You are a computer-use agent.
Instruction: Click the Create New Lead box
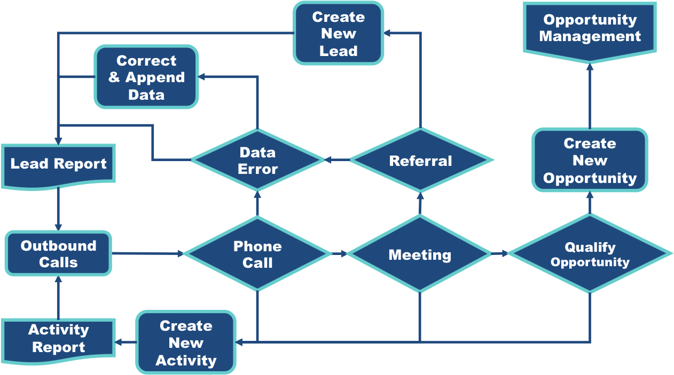click(338, 34)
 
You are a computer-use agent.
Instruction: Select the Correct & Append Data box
click(146, 77)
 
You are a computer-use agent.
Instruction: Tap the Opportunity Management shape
click(590, 29)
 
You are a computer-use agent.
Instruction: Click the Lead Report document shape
click(58, 164)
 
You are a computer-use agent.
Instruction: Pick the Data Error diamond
click(257, 161)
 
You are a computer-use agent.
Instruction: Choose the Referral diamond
click(420, 161)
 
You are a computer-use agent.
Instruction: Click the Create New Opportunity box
click(590, 161)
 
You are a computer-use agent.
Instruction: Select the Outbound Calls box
click(58, 254)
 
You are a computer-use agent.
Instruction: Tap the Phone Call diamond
click(257, 254)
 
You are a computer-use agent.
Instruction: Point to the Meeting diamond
click(420, 254)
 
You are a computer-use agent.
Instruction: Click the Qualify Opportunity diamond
click(590, 254)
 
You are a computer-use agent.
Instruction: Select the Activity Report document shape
click(58, 339)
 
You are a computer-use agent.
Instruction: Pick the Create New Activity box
click(186, 343)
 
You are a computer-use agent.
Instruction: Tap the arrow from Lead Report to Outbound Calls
click(58, 209)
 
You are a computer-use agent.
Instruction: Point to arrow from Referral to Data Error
click(337, 159)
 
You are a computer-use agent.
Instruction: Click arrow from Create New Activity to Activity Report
click(126, 342)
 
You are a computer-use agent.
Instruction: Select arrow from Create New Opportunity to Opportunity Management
click(590, 96)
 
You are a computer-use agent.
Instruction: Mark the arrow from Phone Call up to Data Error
click(257, 203)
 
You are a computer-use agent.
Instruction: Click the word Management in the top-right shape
click(590, 37)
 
